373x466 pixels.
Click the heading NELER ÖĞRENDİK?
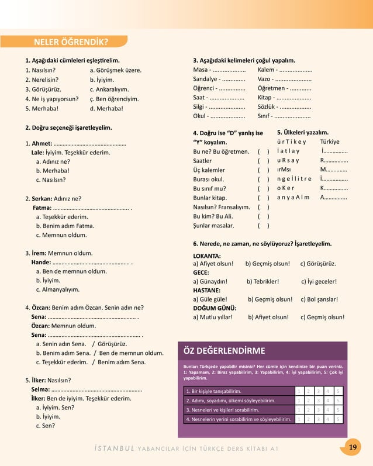(x=71, y=42)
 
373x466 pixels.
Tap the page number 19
(x=353, y=447)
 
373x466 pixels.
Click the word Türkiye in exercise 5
(x=330, y=141)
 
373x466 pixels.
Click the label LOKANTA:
(x=206, y=256)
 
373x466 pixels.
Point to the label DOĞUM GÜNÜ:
(x=214, y=308)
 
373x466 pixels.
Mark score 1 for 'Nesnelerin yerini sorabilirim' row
(x=299, y=419)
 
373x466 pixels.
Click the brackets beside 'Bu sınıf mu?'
(x=263, y=188)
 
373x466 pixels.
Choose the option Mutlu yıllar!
(x=213, y=317)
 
